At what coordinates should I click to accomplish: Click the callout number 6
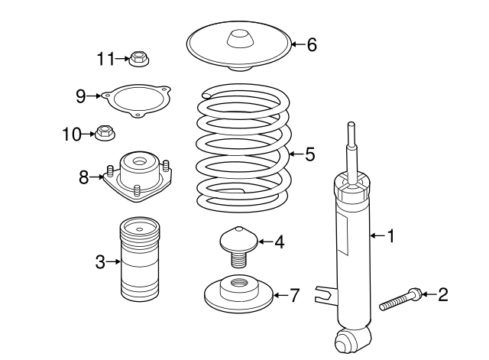312,44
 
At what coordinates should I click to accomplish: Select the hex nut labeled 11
139,58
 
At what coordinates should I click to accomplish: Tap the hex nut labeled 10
105,134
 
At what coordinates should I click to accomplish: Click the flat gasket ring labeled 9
137,100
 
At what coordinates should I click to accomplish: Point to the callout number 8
84,177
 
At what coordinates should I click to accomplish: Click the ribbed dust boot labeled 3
140,260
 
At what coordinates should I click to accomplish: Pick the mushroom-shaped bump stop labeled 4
239,246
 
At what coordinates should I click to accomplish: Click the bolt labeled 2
400,299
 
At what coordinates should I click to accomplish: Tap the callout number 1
390,236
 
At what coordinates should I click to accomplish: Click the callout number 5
310,154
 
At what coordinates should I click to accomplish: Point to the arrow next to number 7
280,295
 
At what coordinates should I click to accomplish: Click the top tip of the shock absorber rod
351,123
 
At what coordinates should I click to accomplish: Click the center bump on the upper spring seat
239,39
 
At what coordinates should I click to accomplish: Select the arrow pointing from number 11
122,58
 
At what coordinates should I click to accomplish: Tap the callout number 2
443,294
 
